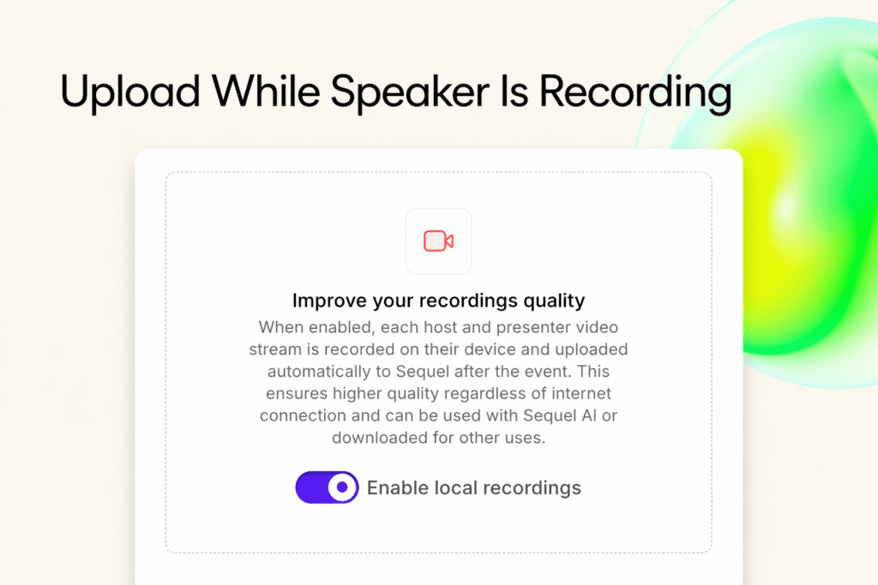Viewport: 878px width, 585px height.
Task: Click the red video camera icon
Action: click(x=438, y=242)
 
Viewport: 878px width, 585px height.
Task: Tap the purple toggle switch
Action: click(x=327, y=487)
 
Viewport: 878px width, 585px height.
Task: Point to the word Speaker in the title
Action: click(x=402, y=93)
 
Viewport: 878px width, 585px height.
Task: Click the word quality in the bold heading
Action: click(x=553, y=301)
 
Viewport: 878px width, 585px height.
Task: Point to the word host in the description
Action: click(x=446, y=327)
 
